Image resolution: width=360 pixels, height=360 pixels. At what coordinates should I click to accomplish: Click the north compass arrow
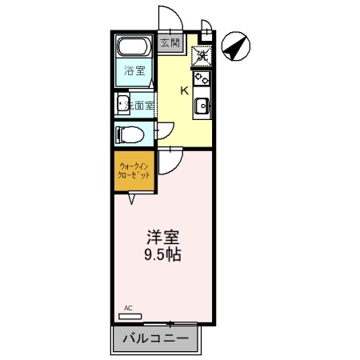[234, 48]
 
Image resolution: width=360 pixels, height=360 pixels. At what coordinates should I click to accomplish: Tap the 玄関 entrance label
[169, 43]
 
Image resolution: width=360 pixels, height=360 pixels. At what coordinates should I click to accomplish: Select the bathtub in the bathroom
[134, 48]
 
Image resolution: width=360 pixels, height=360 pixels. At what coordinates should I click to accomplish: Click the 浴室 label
[134, 71]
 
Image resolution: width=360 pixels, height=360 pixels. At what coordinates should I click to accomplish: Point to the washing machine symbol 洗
[202, 56]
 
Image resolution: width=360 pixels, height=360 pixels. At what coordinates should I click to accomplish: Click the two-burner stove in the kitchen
[202, 79]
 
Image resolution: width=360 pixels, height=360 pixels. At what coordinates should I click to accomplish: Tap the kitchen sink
[202, 105]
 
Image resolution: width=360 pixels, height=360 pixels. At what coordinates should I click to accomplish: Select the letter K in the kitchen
[184, 90]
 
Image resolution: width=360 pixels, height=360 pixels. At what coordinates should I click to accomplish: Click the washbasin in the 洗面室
[123, 103]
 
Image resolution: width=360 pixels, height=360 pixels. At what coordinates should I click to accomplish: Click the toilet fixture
[129, 133]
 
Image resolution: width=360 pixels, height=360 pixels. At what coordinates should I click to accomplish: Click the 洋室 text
[162, 238]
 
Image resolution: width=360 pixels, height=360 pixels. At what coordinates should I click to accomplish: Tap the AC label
[128, 307]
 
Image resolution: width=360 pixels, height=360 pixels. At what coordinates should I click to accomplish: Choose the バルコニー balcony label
[156, 338]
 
